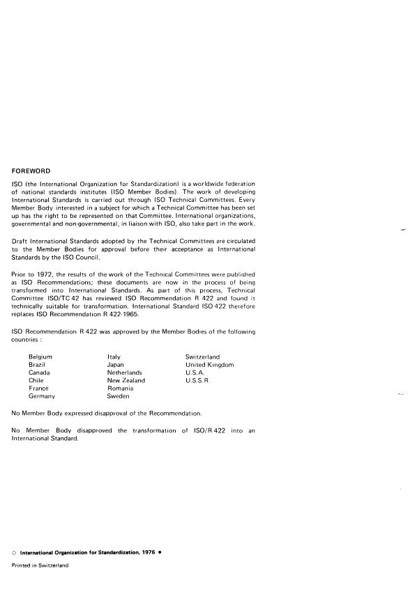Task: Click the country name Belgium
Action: click(40, 357)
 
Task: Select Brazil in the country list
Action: click(38, 365)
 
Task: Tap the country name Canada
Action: click(39, 373)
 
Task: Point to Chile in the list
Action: click(36, 381)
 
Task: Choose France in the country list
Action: click(38, 389)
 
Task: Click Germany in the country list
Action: click(41, 396)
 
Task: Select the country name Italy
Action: click(114, 357)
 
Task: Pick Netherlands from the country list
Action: click(125, 373)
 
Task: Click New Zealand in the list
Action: click(126, 381)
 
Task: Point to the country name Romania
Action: click(120, 389)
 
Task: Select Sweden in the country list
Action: click(118, 396)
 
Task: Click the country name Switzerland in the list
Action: click(202, 357)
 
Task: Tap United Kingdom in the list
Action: click(209, 365)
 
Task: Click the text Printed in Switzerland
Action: click(40, 565)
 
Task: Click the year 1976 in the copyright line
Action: click(148, 552)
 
